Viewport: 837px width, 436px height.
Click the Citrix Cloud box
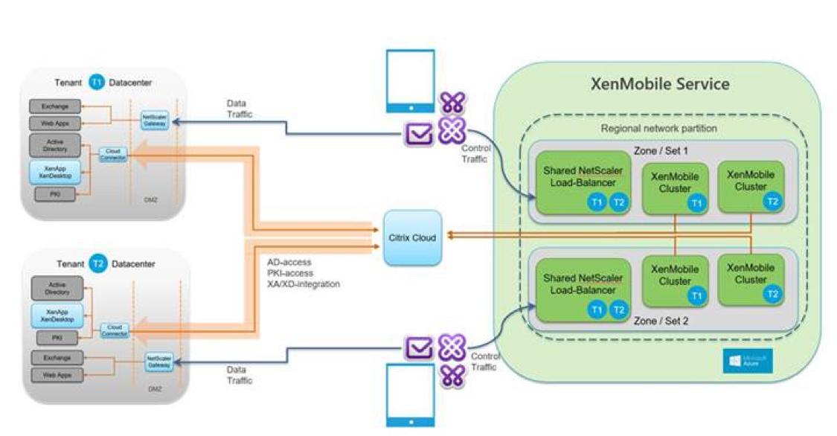[412, 237]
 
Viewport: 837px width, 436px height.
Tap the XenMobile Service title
[659, 83]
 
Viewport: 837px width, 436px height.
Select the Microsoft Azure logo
[748, 362]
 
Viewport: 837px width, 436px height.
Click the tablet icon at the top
[409, 81]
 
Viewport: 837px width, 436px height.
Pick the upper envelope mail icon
[418, 133]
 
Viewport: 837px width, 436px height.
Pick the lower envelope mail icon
[418, 347]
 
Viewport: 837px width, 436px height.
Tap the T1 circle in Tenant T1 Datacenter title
[97, 83]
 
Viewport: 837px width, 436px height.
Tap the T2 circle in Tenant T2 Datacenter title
[97, 265]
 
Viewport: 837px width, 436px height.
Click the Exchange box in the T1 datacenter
[57, 107]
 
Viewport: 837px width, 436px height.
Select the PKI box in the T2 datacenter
[57, 339]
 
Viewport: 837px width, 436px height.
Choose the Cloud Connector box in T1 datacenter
[114, 154]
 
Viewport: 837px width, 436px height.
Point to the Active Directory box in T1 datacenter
[57, 144]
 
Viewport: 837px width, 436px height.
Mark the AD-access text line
[289, 263]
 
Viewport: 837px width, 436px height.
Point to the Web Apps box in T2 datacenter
[57, 375]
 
